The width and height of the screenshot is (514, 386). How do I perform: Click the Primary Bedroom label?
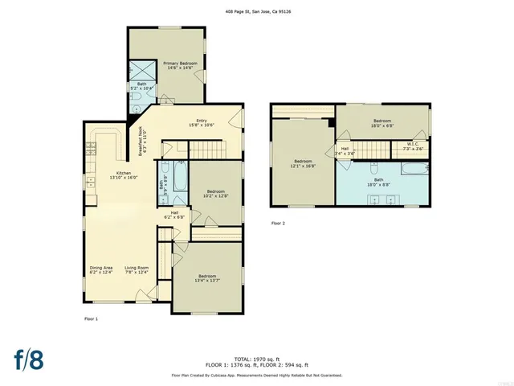point(181,65)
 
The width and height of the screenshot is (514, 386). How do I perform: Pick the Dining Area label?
point(101,270)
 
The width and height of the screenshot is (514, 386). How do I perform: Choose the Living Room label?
point(137,270)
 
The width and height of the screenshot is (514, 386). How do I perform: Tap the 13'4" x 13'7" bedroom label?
point(207,277)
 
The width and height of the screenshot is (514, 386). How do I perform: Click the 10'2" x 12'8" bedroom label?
point(213,193)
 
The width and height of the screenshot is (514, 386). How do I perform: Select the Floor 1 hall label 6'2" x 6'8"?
point(174,215)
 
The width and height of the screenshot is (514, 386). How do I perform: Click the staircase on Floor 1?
point(208,149)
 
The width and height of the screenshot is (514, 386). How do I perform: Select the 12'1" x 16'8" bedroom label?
point(303,162)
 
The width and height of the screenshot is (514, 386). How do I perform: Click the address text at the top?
point(258,11)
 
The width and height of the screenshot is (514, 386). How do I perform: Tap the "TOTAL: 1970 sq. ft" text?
point(256,358)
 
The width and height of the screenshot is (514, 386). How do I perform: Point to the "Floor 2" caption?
point(278,223)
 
